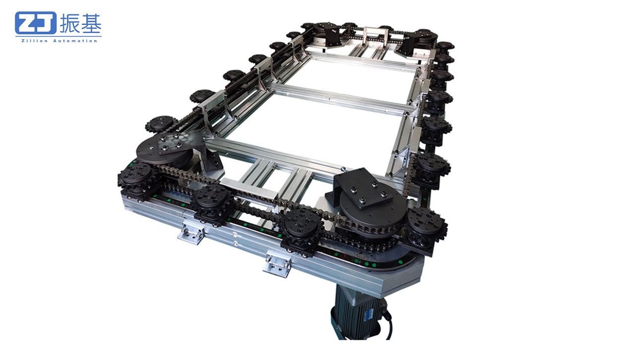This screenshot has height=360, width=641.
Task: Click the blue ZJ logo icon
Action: [36, 23]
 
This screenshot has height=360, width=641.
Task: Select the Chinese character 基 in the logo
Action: [91, 23]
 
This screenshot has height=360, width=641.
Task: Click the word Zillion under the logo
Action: [34, 41]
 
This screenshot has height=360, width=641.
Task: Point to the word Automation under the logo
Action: [75, 41]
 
